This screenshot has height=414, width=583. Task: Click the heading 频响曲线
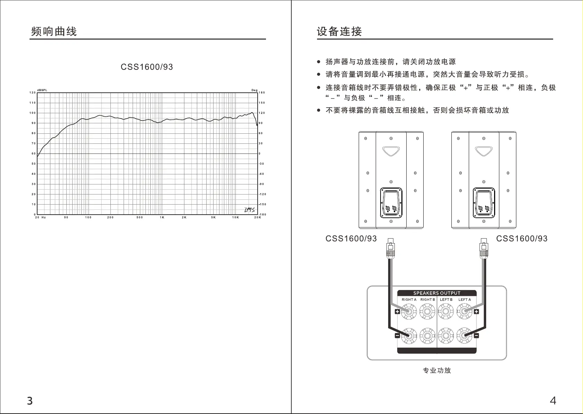(54, 32)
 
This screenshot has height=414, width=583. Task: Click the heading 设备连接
(339, 32)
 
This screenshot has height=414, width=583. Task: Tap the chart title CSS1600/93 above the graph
(147, 67)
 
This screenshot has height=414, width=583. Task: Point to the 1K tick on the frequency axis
(162, 217)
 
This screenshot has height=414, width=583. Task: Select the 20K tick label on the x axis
(257, 217)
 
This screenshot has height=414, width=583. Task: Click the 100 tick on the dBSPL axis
(33, 113)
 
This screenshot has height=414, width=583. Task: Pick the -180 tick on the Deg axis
(263, 215)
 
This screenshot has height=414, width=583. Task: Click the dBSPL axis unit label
(42, 90)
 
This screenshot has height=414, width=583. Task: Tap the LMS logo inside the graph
(249, 209)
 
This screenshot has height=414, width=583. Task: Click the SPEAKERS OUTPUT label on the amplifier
(436, 293)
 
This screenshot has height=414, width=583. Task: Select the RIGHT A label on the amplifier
(409, 300)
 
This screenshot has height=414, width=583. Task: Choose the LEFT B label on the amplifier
(446, 300)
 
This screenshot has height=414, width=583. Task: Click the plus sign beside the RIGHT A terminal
(397, 312)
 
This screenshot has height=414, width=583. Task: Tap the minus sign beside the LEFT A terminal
(476, 336)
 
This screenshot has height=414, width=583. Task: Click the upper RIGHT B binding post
(427, 312)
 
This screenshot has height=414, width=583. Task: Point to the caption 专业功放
(437, 371)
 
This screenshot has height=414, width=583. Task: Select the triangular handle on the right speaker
(484, 151)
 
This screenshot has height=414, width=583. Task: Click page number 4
(553, 401)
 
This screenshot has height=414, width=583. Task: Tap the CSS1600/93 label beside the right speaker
(522, 239)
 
